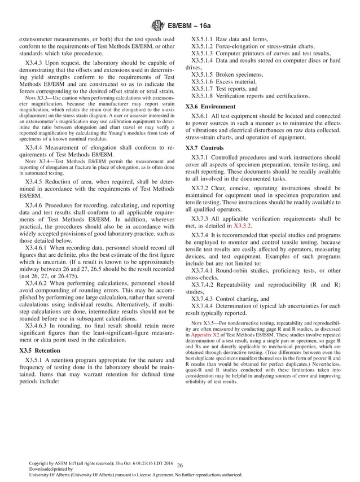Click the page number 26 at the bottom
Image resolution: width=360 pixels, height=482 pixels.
click(180, 465)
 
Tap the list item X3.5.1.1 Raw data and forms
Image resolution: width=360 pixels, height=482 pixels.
click(223, 38)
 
